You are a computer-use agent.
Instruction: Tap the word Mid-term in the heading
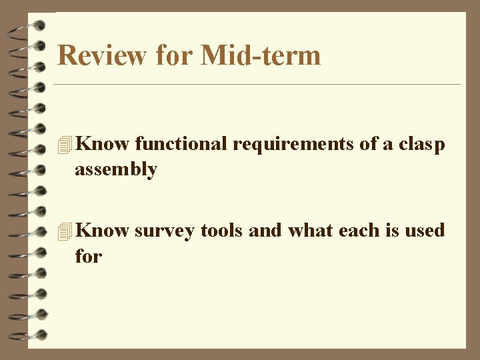(x=261, y=55)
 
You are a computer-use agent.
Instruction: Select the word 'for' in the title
(x=175, y=55)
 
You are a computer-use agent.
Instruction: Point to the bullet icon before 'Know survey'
(x=64, y=231)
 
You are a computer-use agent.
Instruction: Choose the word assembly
(x=116, y=169)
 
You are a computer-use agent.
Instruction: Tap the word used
(x=423, y=231)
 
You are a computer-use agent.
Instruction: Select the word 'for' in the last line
(x=88, y=255)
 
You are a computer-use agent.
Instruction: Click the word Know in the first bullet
(x=103, y=143)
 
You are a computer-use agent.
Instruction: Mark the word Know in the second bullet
(x=103, y=231)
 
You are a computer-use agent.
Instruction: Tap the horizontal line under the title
(x=257, y=85)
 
